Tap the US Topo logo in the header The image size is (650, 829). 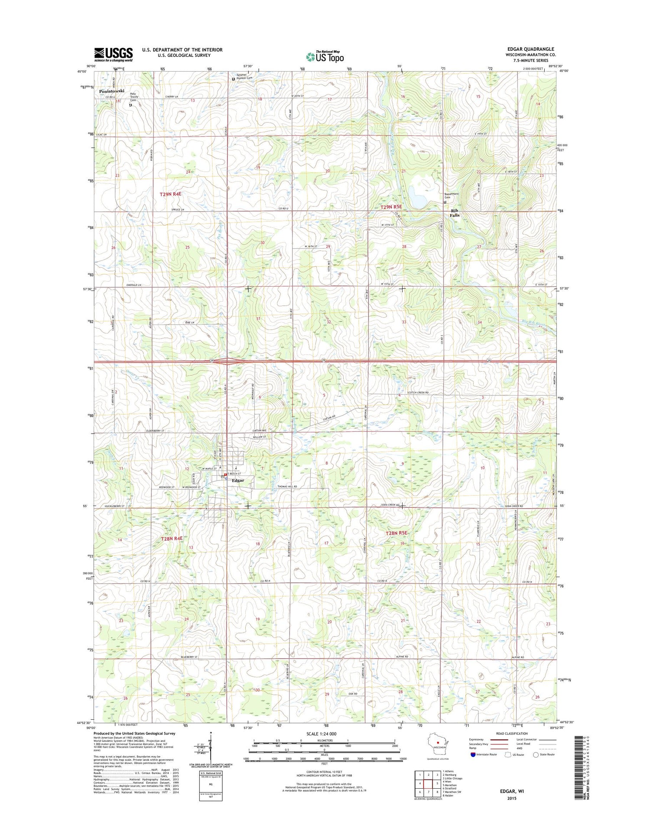coord(325,57)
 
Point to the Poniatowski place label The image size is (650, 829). coord(111,91)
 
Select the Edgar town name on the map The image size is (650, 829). coord(238,480)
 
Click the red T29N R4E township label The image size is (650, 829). coord(170,194)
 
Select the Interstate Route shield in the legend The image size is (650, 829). coord(472,754)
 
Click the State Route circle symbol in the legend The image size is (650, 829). coord(536,754)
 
